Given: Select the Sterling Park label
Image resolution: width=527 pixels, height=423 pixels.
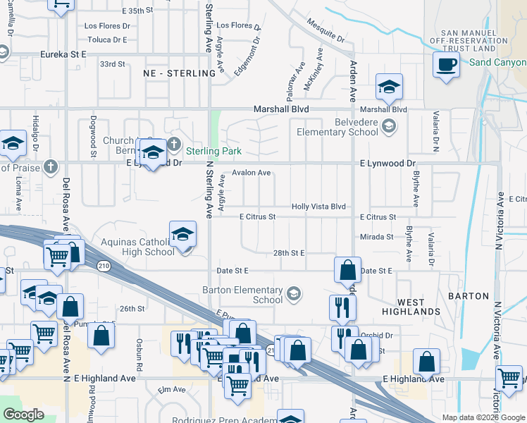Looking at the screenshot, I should [213, 151].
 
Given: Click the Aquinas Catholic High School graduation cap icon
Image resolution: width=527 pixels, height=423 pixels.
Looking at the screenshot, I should [182, 235].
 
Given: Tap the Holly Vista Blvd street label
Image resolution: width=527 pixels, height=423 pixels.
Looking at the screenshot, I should [318, 207].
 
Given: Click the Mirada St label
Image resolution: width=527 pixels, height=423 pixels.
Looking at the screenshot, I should [376, 237].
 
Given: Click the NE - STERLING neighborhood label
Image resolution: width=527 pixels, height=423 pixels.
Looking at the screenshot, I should [179, 73].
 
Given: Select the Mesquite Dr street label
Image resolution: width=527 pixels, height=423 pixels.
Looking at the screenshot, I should [325, 30].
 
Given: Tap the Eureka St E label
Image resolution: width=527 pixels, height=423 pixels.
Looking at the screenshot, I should [63, 54].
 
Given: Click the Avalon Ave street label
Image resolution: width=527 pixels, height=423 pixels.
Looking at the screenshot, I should [252, 173].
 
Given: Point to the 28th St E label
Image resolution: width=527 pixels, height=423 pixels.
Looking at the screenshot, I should [288, 252].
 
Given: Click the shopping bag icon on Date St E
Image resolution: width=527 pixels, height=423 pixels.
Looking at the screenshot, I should [347, 270].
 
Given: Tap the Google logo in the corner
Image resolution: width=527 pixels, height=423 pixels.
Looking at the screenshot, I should [23, 415].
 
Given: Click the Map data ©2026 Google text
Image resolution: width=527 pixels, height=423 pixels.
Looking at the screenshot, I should [482, 417].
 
